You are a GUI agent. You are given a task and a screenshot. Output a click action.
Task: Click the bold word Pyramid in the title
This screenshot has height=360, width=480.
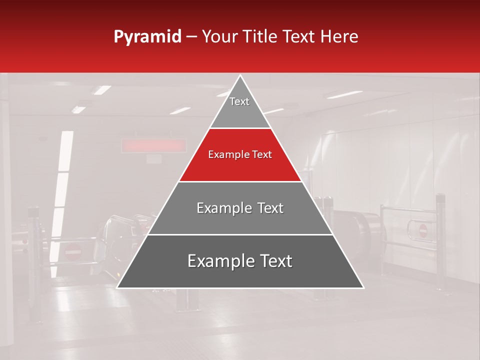[147, 37]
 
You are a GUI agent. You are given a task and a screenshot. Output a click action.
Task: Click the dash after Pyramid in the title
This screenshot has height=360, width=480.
[191, 37]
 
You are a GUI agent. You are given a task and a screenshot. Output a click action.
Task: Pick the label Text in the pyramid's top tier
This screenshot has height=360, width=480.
[239, 101]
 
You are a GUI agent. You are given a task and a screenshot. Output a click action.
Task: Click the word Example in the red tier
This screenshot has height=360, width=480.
[227, 155]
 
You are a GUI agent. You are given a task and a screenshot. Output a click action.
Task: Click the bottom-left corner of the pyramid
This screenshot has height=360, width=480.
[117, 287]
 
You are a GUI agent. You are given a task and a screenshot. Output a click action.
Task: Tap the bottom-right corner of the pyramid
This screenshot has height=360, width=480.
[363, 287]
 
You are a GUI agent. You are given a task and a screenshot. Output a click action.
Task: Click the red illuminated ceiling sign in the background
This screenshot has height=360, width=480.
[153, 145]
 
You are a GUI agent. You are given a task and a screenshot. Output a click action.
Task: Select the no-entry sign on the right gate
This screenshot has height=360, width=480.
[423, 230]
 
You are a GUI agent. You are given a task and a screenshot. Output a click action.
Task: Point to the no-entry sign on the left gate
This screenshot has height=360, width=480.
[72, 252]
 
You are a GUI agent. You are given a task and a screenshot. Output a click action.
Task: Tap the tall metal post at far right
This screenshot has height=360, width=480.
[440, 240]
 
